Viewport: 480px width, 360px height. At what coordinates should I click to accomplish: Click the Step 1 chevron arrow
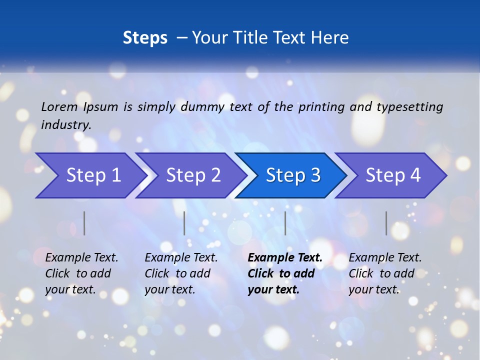point(90,175)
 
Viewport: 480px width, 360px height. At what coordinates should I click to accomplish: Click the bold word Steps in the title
point(145,38)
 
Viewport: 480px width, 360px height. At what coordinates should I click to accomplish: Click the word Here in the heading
point(329,38)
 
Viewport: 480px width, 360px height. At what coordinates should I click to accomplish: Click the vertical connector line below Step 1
point(84,223)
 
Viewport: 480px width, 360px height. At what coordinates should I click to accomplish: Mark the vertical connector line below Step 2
point(184,223)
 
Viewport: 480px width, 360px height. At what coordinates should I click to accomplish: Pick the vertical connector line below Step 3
point(285,223)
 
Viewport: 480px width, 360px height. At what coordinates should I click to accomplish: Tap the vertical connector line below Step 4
point(386,223)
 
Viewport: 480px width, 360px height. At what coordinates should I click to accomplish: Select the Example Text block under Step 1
point(81,273)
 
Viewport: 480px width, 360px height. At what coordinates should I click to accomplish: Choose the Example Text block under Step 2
point(181,273)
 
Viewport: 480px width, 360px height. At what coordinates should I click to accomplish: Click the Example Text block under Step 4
point(385,273)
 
